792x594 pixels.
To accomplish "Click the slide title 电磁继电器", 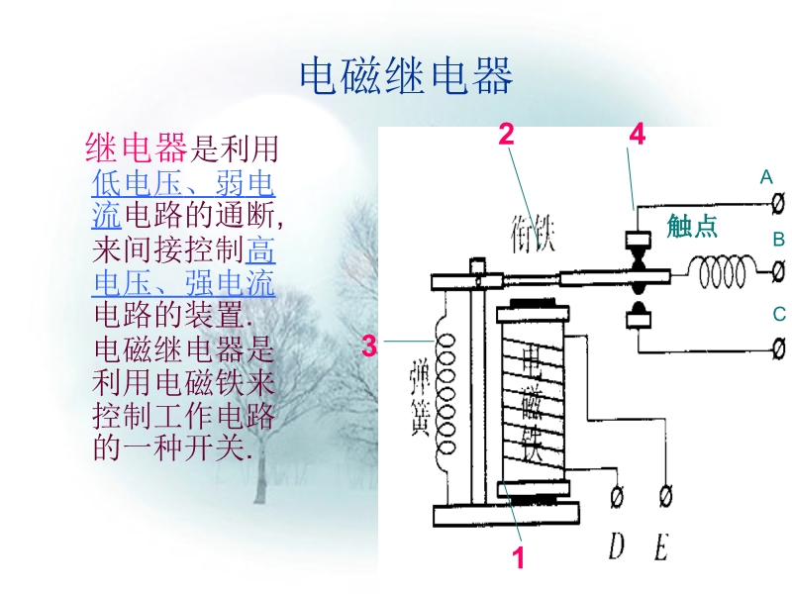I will coord(406,76).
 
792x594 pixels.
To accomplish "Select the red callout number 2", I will coord(506,135).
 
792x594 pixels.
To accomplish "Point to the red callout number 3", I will coord(369,346).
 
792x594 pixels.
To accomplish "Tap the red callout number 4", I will coord(638,135).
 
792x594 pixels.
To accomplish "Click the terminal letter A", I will coord(765,178).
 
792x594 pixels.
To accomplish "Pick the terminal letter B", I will coord(778,240).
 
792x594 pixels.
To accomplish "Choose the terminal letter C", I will coord(778,315).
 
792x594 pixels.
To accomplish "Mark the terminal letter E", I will coord(661,545).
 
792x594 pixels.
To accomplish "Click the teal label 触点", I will coord(692,226).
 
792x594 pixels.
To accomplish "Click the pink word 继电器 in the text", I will coord(137,149).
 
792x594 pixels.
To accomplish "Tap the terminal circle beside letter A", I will coord(778,203).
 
